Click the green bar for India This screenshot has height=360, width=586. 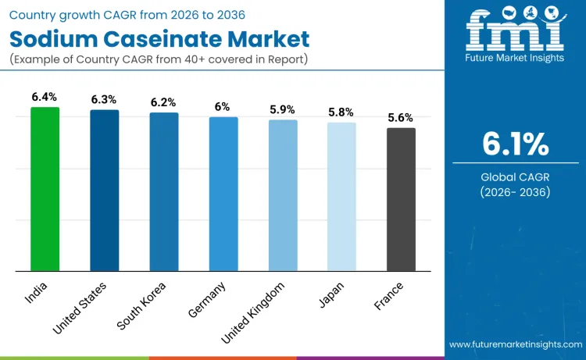pyautogui.click(x=45, y=189)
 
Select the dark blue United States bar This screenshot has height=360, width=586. pyautogui.click(x=104, y=191)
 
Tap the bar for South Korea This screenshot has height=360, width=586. pyautogui.click(x=164, y=192)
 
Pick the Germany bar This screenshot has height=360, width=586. pyautogui.click(x=223, y=194)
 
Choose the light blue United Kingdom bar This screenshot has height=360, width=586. pyautogui.click(x=283, y=195)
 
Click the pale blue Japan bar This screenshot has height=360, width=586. pyautogui.click(x=341, y=197)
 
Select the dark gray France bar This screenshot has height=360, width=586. pyautogui.click(x=402, y=200)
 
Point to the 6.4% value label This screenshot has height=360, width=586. pyautogui.click(x=45, y=97)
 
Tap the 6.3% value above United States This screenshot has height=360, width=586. pyautogui.click(x=104, y=100)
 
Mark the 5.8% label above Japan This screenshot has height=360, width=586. pyautogui.click(x=341, y=112)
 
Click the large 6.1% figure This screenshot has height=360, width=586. pyautogui.click(x=515, y=144)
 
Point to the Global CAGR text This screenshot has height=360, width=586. pyautogui.click(x=515, y=177)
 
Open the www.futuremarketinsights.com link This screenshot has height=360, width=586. pyautogui.click(x=515, y=344)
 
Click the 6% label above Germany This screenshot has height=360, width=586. pyautogui.click(x=223, y=107)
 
